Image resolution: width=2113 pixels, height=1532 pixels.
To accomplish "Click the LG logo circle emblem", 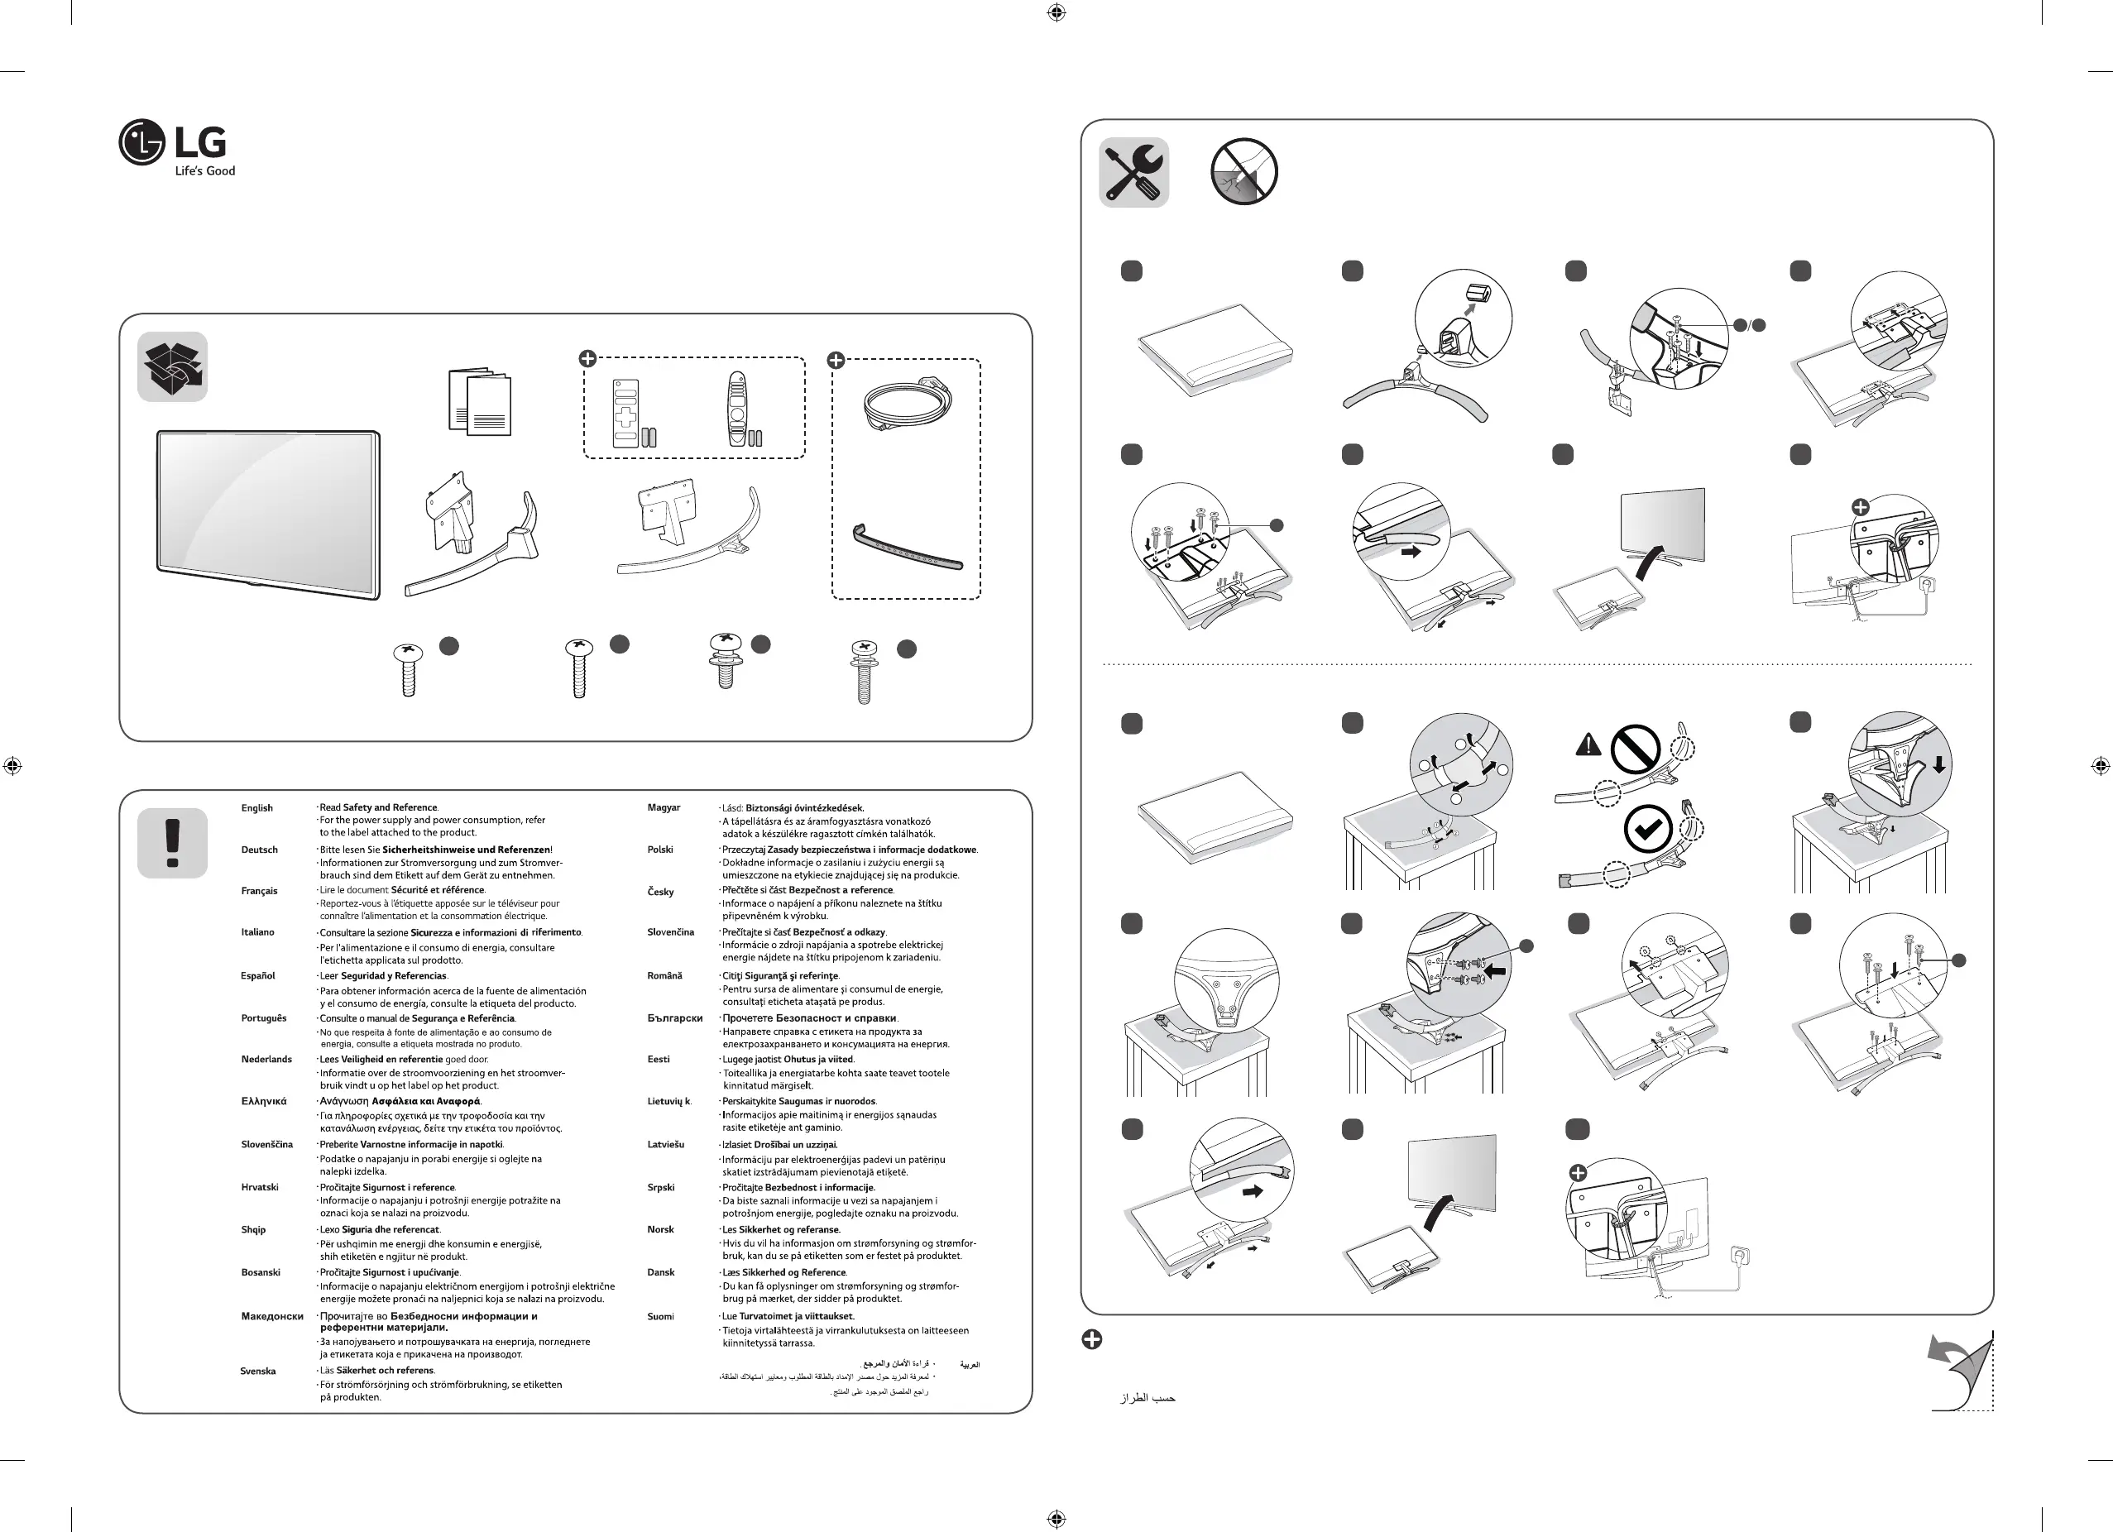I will [x=141, y=142].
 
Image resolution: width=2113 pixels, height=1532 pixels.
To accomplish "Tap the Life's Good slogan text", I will [x=205, y=171].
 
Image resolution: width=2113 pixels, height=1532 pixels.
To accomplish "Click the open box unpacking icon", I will [x=172, y=367].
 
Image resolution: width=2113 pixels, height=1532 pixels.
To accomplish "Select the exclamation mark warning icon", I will [x=172, y=843].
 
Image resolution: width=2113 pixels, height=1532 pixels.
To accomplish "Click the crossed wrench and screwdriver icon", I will [x=1133, y=172].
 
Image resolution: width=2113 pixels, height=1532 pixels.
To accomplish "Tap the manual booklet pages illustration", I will [x=479, y=402].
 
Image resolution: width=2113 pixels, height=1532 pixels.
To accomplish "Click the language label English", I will [x=257, y=808].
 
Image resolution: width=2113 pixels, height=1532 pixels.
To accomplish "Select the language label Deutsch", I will [x=259, y=850].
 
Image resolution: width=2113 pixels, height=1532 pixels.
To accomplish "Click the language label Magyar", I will [x=664, y=807].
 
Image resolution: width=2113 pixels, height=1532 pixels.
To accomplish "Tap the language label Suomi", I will [x=660, y=1317].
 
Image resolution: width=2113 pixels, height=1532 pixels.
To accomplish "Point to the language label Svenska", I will [x=258, y=1371].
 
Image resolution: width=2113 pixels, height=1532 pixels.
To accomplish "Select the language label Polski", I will [x=659, y=850].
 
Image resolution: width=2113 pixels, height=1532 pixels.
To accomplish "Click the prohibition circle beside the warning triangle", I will [x=1635, y=749].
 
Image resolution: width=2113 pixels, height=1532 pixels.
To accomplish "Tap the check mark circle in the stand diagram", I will [x=1647, y=830].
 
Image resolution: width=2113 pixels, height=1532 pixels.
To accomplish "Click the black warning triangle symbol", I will [x=1588, y=745].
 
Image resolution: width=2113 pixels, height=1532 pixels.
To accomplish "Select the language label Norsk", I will [x=660, y=1229].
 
